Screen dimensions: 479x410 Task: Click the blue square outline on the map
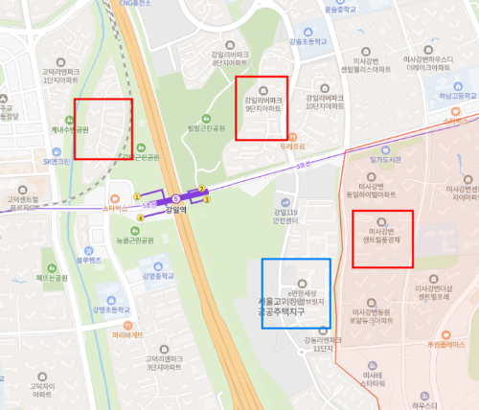[x=296, y=293]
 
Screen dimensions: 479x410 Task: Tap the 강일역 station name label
[x=175, y=210]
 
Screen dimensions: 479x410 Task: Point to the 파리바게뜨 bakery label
[x=126, y=335]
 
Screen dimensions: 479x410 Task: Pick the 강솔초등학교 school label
[x=308, y=42]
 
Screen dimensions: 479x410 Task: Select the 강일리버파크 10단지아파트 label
[x=324, y=102]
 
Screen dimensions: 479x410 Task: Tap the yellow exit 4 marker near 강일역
[x=140, y=217]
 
